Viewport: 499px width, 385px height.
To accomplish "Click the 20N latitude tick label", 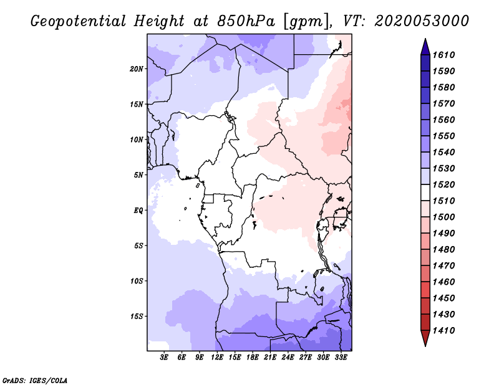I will tap(137, 69).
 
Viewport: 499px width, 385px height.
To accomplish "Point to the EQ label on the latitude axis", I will tap(138, 210).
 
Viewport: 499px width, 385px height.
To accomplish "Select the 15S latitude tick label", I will tap(137, 316).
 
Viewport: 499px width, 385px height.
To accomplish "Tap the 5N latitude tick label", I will tap(138, 175).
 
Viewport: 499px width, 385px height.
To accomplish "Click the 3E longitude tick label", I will tap(165, 358).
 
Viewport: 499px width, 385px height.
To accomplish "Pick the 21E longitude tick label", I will tap(270, 358).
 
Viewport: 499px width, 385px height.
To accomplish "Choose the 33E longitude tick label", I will tap(341, 358).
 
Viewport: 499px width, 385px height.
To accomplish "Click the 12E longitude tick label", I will tap(217, 358).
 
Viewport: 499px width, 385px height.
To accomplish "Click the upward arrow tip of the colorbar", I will tap(425, 40).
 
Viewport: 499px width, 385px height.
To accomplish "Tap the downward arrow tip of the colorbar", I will tap(425, 345).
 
